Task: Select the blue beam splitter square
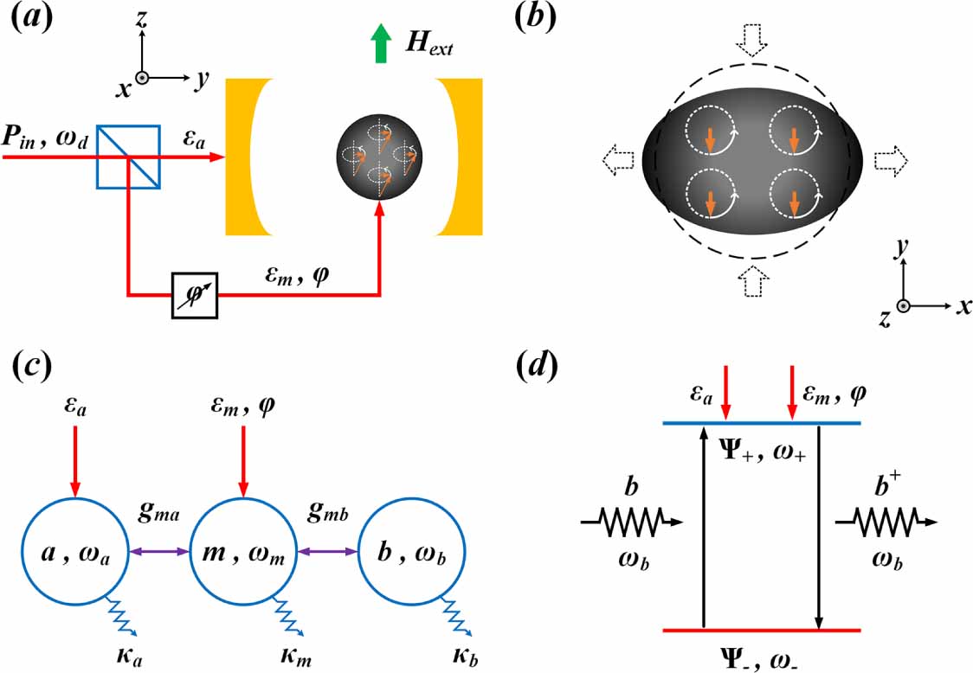(x=127, y=157)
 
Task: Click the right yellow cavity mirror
(x=459, y=157)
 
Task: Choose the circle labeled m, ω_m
(x=243, y=552)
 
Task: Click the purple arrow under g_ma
(x=159, y=551)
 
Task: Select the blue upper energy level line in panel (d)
(x=761, y=423)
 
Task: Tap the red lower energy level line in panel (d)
(x=761, y=630)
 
